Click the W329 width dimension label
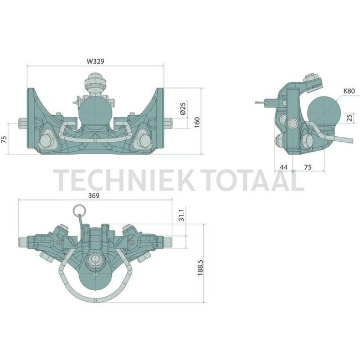point(95,60)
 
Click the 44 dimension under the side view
point(284,167)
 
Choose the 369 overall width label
point(95,195)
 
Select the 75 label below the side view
point(307,167)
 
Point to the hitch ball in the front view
point(95,113)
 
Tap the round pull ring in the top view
point(79,210)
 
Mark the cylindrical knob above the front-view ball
point(95,86)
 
